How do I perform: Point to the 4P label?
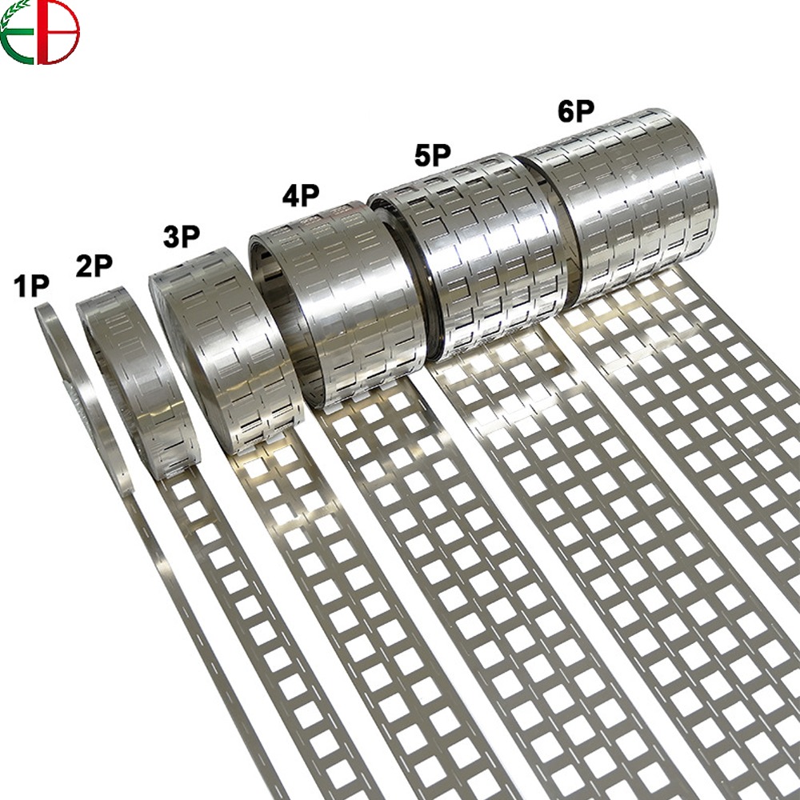click(300, 195)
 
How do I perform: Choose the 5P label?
click(433, 154)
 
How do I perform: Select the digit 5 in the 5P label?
click(423, 154)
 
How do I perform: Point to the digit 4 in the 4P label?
click(290, 195)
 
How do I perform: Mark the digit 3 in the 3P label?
click(170, 238)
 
